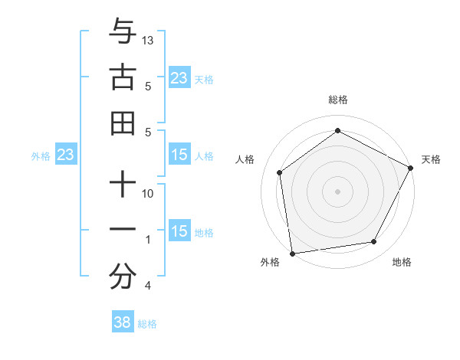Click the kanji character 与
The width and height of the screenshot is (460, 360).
(123, 31)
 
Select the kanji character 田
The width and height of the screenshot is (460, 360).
(123, 123)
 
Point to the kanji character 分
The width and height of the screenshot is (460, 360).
(123, 277)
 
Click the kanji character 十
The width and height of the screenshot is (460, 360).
(123, 185)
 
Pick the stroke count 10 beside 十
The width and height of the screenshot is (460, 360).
(149, 194)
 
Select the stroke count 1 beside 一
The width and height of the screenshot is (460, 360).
(148, 240)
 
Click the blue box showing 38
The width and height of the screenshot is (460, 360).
(123, 322)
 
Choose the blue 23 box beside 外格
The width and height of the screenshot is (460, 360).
(66, 155)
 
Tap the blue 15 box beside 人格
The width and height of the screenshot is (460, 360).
(179, 155)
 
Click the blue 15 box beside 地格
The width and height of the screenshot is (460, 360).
(179, 232)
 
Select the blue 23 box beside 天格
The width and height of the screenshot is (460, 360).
(179, 78)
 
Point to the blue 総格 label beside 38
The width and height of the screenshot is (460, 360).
(147, 324)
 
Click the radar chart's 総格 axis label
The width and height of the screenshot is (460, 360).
(337, 100)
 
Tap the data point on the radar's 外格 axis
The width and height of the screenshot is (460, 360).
(292, 252)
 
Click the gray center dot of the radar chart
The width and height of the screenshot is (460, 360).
(337, 191)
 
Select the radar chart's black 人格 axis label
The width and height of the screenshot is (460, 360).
(245, 159)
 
